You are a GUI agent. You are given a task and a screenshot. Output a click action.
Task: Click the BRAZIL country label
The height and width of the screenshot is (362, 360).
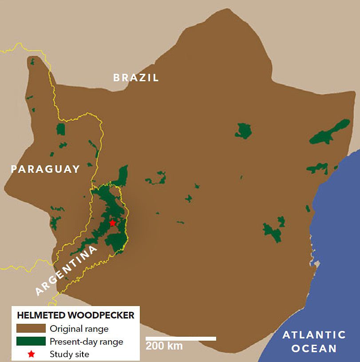click(136, 78)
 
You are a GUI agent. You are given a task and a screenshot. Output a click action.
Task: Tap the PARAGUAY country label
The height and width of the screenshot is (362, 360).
click(45, 169)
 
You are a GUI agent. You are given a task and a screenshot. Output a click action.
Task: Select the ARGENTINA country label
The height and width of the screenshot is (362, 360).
click(67, 271)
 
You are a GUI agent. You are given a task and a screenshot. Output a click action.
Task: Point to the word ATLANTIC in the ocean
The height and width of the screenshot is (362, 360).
click(314, 335)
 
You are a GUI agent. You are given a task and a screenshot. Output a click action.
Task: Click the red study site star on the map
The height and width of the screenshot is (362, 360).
click(113, 223)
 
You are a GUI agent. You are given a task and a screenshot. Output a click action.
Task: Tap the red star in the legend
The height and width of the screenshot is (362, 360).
click(31, 354)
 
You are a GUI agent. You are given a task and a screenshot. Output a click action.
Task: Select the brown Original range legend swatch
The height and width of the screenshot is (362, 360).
click(31, 329)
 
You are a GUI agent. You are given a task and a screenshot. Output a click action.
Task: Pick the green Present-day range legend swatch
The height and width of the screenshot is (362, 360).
click(31, 341)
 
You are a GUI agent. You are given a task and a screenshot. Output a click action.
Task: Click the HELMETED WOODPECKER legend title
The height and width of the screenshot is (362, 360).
click(75, 316)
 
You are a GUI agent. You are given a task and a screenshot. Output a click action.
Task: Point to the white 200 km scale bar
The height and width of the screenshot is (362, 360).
click(181, 338)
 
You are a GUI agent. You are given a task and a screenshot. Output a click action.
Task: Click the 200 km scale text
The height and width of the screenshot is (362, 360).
click(164, 346)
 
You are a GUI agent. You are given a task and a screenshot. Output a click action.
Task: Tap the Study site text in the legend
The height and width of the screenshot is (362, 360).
click(69, 354)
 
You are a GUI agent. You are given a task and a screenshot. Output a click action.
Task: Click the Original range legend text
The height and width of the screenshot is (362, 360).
click(79, 329)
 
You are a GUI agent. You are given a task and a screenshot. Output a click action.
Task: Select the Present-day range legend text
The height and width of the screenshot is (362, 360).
click(87, 342)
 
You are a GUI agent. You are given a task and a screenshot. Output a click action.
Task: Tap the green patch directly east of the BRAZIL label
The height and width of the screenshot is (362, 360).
click(244, 131)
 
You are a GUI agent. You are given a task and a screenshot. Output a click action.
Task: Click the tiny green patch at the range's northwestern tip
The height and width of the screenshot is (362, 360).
click(32, 62)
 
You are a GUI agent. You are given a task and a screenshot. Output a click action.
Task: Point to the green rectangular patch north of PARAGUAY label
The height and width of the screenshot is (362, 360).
click(61, 129)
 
